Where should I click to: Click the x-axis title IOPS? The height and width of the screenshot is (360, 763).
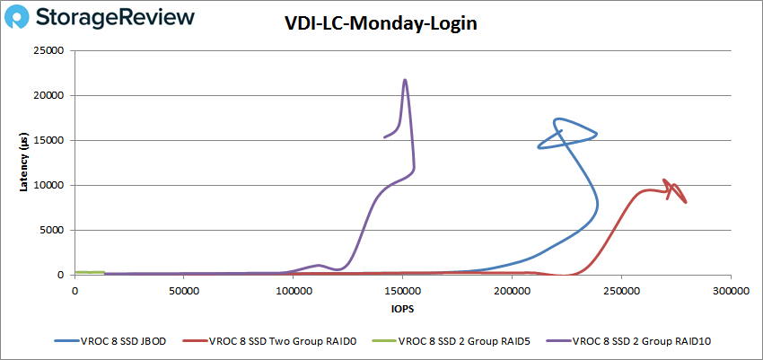click(401, 309)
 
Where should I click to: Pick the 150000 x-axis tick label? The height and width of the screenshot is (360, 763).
click(401, 291)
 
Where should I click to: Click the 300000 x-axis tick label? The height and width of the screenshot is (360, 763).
click(729, 291)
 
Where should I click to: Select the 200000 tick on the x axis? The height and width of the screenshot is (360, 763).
click(511, 291)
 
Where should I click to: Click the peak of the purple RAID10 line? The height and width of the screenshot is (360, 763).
click(405, 80)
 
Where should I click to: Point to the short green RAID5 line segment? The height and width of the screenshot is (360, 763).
click(90, 272)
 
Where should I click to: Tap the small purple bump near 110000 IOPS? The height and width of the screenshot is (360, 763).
click(319, 265)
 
